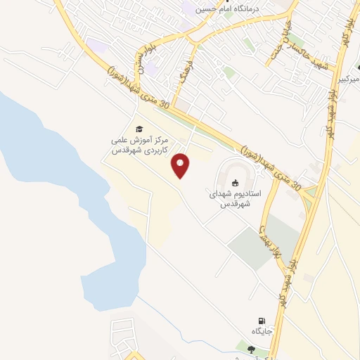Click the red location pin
181,165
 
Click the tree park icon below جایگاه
251,350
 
